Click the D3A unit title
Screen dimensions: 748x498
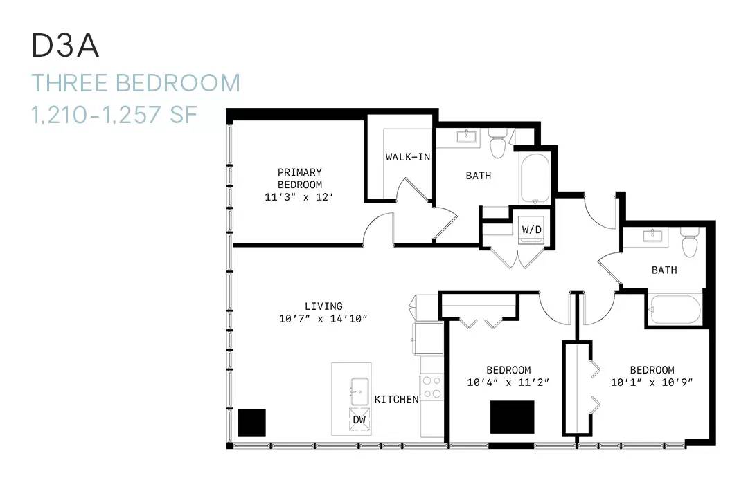[65, 46]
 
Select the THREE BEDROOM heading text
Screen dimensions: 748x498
[136, 83]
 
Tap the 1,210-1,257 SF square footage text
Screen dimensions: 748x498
[114, 115]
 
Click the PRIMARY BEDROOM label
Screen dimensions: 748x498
[300, 178]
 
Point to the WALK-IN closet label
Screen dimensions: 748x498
[408, 157]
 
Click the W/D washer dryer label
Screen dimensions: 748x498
[531, 230]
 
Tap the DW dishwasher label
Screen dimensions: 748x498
[359, 420]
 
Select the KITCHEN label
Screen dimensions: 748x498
[396, 399]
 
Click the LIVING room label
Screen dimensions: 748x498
[323, 306]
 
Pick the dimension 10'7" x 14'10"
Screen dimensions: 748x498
[323, 318]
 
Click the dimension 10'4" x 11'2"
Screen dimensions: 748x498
[508, 382]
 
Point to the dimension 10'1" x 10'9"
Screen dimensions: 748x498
[652, 382]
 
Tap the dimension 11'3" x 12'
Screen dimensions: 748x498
[299, 197]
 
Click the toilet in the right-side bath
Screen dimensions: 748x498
[690, 242]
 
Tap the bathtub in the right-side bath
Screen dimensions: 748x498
[675, 310]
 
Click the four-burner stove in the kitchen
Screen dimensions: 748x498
[432, 387]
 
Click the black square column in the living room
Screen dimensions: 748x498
[252, 423]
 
